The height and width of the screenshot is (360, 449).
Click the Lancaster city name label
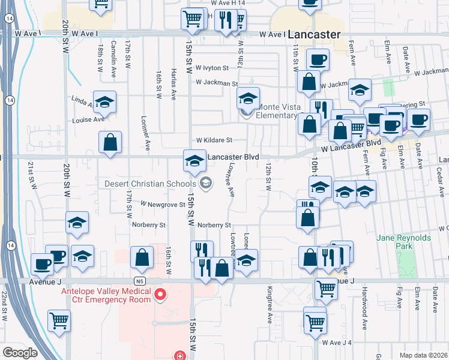[314, 34]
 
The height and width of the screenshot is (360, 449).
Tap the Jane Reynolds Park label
[403, 242]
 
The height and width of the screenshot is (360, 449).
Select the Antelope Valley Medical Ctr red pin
[160, 295]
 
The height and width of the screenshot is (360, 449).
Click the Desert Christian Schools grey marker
[206, 184]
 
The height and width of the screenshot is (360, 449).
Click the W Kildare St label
[212, 140]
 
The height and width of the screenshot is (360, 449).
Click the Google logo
[20, 352]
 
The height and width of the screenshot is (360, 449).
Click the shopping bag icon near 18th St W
[110, 143]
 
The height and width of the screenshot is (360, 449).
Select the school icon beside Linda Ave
[104, 101]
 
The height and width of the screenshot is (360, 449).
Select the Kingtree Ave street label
[270, 305]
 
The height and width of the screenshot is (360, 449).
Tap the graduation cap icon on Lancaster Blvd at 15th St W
[194, 161]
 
